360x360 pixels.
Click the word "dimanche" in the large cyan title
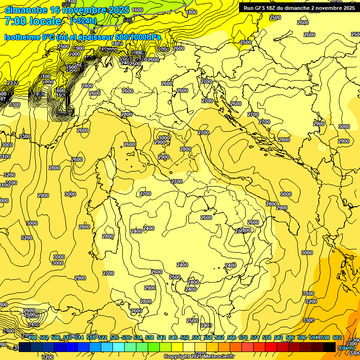click(25, 10)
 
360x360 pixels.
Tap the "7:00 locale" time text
click(33, 21)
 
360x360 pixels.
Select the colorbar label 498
click(32, 337)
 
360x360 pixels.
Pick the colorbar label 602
click(337, 337)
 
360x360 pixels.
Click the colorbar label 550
click(185, 337)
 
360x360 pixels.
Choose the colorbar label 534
click(138, 337)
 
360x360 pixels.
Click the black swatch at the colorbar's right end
click(330, 347)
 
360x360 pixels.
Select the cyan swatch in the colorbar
click(119, 347)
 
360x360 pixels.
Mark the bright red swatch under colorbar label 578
click(271, 347)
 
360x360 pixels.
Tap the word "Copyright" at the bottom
click(177, 357)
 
